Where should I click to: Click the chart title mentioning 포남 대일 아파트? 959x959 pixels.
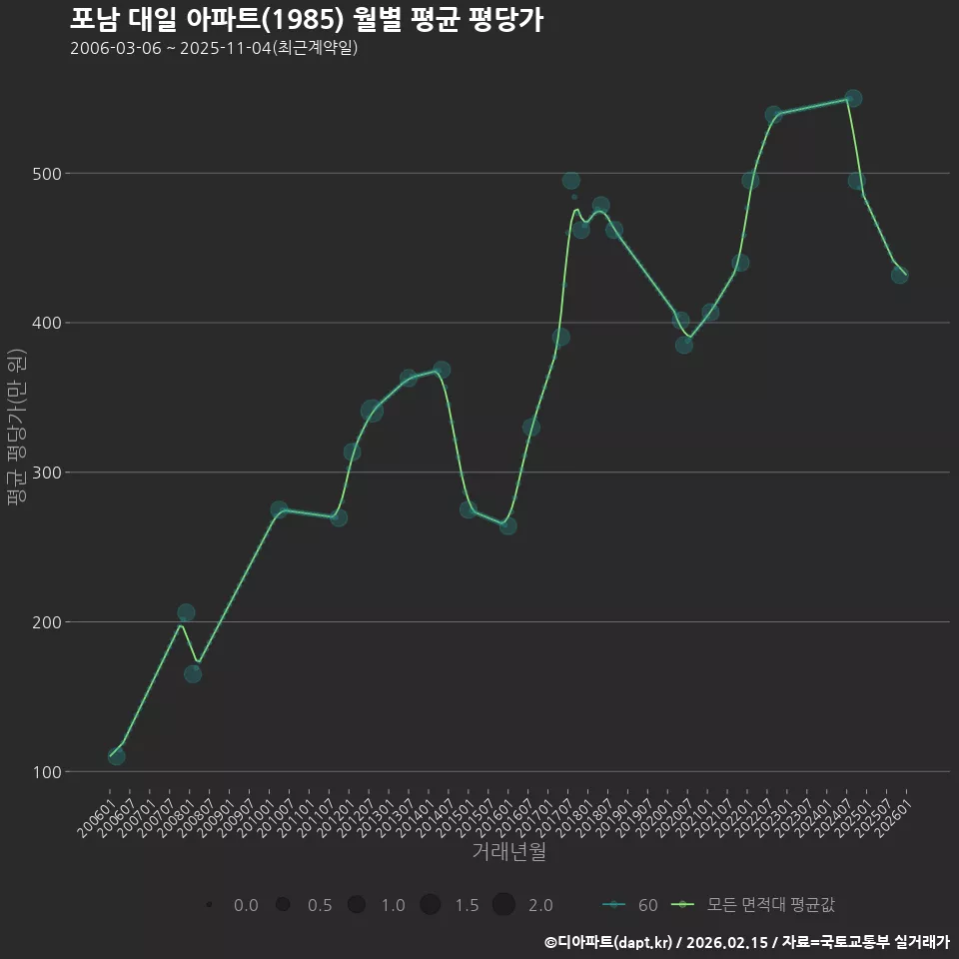[x=307, y=20]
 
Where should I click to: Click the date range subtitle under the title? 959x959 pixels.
[x=214, y=48]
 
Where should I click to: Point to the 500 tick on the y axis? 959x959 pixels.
[x=47, y=174]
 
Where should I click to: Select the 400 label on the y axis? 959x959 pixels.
[x=47, y=323]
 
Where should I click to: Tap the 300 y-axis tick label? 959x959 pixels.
[x=47, y=473]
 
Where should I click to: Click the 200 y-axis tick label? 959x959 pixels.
[x=47, y=622]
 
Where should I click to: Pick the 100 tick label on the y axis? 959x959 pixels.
[x=47, y=772]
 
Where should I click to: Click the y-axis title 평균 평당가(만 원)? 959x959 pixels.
[x=17, y=427]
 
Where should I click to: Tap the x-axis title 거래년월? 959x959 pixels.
[x=508, y=851]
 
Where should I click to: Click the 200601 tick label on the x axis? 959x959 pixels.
[x=96, y=819]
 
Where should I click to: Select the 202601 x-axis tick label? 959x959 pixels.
[x=892, y=819]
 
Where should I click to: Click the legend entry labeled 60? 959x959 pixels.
[x=630, y=905]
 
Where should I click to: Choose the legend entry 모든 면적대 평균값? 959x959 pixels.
[x=753, y=905]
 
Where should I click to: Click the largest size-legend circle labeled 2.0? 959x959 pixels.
[x=503, y=905]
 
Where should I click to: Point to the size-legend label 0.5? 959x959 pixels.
[x=320, y=905]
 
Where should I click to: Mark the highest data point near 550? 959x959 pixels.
[x=853, y=98]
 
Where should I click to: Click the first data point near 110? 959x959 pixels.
[x=116, y=756]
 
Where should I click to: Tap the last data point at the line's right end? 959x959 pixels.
[x=900, y=276]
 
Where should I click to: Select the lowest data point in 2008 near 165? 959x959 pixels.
[x=193, y=674]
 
